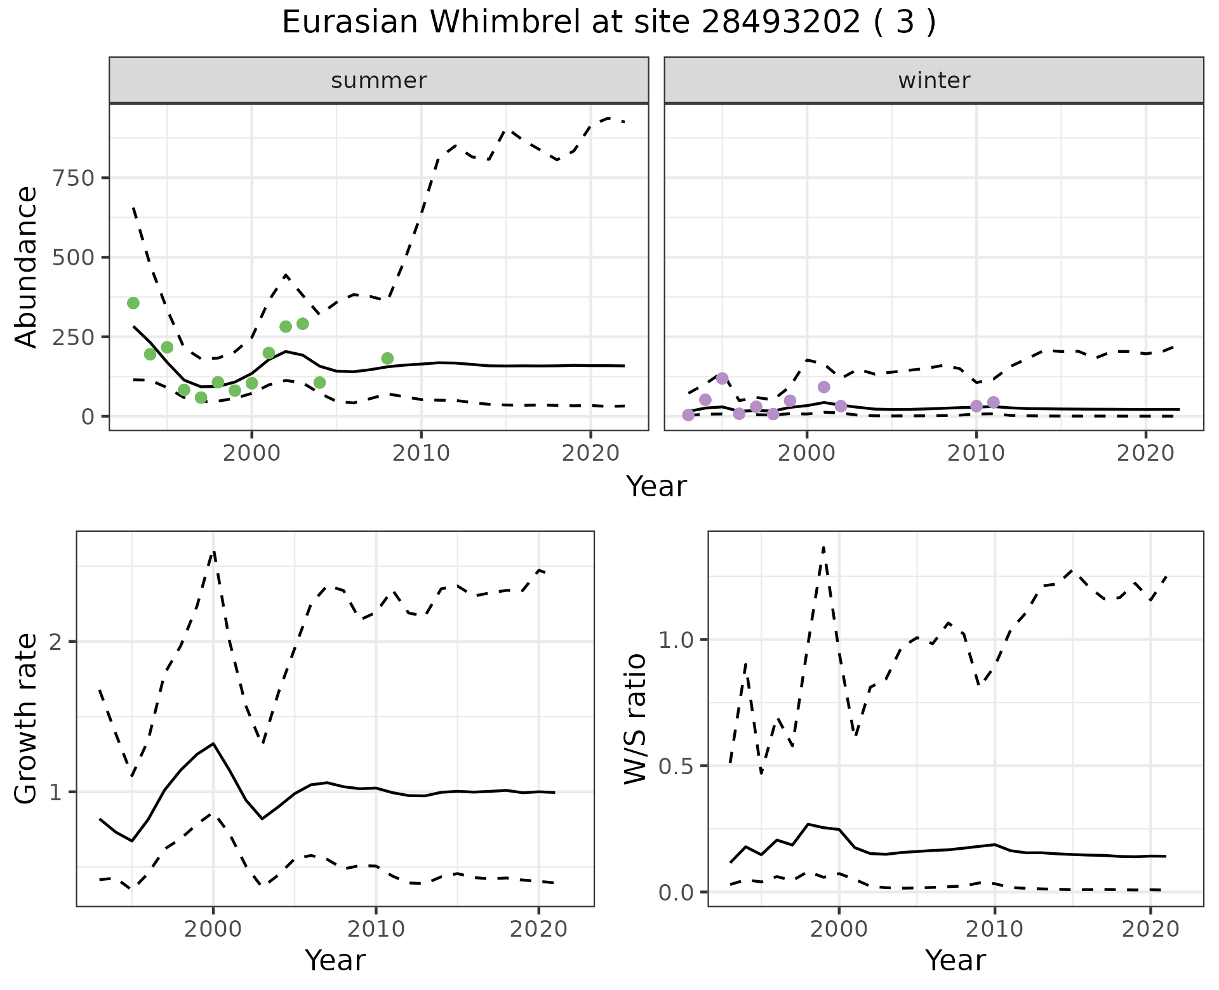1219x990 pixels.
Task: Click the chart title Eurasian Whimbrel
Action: pos(608,23)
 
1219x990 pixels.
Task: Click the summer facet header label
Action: pos(379,81)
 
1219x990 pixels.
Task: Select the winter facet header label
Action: pos(934,81)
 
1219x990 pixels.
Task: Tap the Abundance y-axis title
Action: pos(27,267)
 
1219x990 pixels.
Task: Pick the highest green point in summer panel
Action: pos(133,303)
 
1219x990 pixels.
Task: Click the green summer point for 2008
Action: pos(387,359)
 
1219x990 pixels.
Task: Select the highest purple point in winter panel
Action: pos(722,378)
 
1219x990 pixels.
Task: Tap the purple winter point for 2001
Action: pos(824,387)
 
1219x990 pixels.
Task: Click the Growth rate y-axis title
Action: pos(27,719)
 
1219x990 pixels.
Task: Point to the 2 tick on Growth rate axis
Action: pos(58,642)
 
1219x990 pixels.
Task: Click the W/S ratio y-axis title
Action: pos(635,719)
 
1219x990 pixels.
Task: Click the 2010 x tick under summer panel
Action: pos(421,454)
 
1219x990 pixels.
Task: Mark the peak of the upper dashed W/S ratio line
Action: pos(823,547)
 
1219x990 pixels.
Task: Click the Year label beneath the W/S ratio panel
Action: pos(955,960)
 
